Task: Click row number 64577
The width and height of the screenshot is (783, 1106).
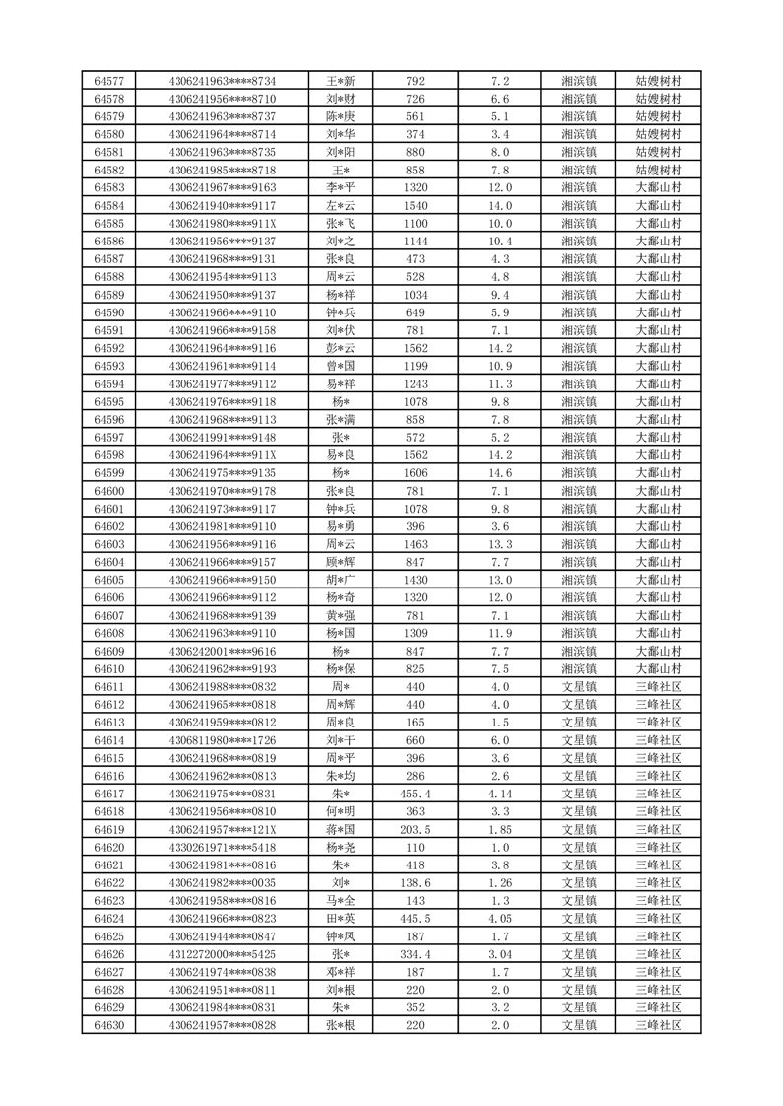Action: coord(108,81)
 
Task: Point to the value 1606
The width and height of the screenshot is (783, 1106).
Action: coord(415,473)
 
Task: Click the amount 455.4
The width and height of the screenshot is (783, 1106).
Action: coord(415,794)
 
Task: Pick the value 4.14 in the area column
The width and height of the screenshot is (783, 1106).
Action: coord(500,794)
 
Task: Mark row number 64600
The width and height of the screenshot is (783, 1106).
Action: coord(108,491)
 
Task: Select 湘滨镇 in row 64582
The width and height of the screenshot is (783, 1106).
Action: coord(579,170)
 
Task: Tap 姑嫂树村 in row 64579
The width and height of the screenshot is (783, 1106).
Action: coord(659,116)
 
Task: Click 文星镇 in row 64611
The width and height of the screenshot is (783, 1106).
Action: coord(579,687)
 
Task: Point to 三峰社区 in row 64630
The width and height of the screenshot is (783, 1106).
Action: coord(659,1025)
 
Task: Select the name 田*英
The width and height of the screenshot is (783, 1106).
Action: coord(341,919)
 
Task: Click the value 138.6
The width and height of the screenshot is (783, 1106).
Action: coord(415,883)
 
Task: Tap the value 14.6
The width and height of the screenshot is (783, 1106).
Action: coord(500,473)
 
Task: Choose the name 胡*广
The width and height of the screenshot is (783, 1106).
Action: coord(341,580)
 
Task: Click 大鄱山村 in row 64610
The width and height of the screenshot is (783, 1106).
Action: coord(659,669)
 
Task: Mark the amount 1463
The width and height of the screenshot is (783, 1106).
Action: coord(415,544)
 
